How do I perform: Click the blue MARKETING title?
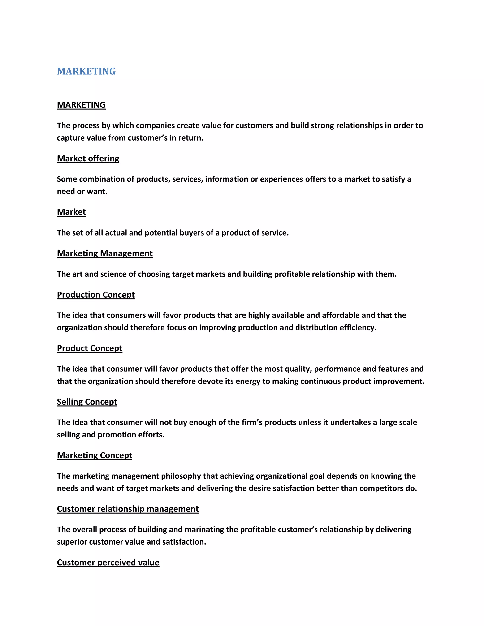[86, 71]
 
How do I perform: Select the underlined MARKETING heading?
[81, 105]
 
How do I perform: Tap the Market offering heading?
[88, 159]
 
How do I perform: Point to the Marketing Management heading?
[105, 253]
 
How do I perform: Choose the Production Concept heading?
[96, 295]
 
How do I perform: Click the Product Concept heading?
[90, 348]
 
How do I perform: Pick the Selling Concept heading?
[87, 402]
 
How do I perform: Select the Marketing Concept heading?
[94, 455]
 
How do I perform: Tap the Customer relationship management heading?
[128, 509]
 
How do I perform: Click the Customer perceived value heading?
[108, 562]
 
